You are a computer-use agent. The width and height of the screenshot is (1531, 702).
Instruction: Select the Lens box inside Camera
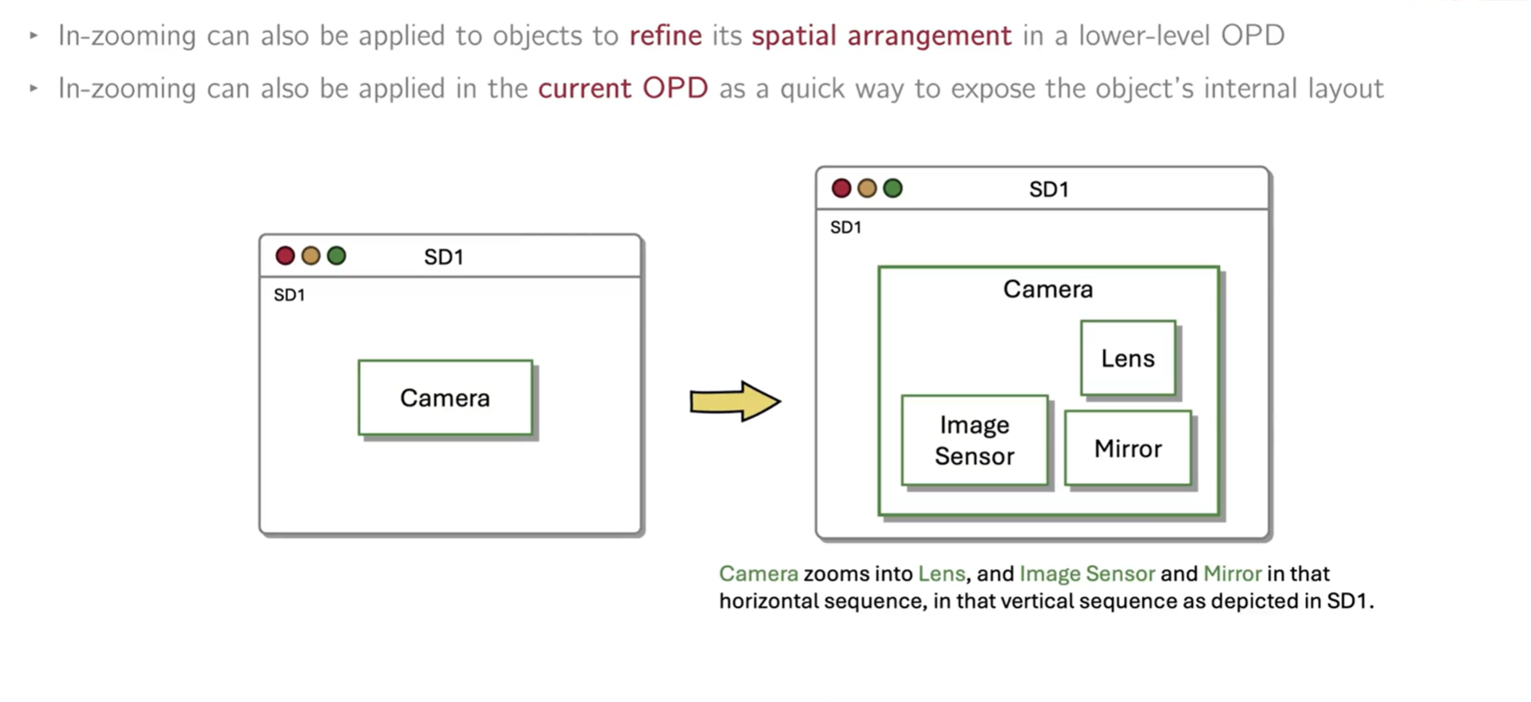coord(1128,358)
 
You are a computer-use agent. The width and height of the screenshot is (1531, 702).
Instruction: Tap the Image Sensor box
coord(974,440)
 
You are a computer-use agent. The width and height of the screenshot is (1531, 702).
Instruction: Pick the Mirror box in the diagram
coord(1128,449)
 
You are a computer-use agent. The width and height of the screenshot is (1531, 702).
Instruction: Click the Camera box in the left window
coord(445,398)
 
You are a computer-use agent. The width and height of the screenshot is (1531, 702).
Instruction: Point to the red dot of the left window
coord(286,256)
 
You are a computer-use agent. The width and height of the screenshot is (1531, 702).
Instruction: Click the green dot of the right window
coord(893,188)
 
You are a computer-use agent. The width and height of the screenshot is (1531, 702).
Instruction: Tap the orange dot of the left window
coord(311,256)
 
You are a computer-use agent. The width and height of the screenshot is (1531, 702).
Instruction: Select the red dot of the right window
coord(841,188)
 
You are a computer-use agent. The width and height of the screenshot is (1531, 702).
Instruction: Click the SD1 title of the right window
coord(1049,189)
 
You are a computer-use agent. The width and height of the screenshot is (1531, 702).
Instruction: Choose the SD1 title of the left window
coord(444,257)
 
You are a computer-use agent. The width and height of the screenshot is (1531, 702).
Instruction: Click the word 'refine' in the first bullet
coord(665,36)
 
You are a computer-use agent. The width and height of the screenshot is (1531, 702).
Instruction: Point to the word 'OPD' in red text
coord(675,88)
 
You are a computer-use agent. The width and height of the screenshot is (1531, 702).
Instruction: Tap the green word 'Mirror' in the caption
coord(1232,573)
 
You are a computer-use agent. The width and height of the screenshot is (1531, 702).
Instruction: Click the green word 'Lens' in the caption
coord(941,573)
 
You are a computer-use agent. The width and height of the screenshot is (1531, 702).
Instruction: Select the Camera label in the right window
coord(1048,290)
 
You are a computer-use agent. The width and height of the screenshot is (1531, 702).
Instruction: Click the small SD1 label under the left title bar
coord(289,295)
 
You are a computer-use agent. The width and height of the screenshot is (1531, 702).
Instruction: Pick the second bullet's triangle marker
coord(34,88)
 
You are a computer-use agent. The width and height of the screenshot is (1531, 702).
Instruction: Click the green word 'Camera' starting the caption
coord(758,573)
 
